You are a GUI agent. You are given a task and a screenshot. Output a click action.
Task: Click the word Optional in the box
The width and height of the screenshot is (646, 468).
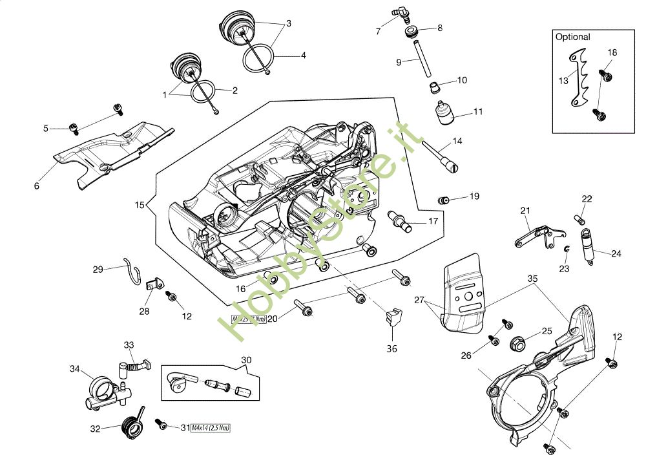[573, 37]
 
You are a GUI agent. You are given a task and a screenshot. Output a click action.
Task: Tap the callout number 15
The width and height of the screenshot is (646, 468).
[140, 206]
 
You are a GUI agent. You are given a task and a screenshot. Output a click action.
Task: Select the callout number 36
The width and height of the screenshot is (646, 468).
[392, 349]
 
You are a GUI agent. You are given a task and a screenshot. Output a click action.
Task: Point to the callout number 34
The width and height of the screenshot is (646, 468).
[74, 368]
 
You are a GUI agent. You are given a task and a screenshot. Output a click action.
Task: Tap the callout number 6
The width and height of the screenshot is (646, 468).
[37, 186]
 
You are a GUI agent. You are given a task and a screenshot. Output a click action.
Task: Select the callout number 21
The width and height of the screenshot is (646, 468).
[525, 210]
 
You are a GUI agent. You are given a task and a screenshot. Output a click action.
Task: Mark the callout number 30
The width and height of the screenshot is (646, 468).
[246, 360]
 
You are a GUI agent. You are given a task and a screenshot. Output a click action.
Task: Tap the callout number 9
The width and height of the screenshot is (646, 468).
[399, 62]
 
